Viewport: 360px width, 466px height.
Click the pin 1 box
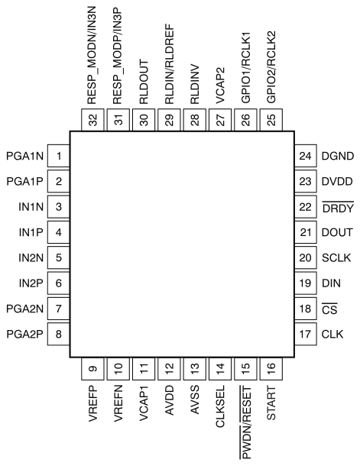[59, 156]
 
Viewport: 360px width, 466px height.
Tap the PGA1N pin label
[25, 156]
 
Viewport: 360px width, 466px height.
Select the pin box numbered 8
[59, 334]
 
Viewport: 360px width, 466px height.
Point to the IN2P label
[31, 283]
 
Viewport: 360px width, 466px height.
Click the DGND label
[338, 156]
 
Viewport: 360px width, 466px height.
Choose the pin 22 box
[306, 207]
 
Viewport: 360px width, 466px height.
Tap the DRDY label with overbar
[338, 208]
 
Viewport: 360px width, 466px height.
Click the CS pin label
[329, 309]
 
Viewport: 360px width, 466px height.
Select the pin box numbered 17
[306, 334]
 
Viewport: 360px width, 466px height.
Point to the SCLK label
[336, 257]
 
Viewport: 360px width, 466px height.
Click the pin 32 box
[92, 120]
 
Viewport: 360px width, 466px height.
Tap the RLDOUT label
[144, 82]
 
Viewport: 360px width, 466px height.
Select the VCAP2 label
[220, 86]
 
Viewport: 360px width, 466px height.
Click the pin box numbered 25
[271, 120]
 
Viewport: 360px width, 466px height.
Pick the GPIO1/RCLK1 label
[246, 67]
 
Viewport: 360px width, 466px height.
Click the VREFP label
[93, 403]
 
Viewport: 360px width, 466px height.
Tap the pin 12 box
[169, 369]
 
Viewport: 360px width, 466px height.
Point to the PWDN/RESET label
[245, 422]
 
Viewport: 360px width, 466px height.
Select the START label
[271, 403]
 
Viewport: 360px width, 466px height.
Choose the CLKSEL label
[220, 406]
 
